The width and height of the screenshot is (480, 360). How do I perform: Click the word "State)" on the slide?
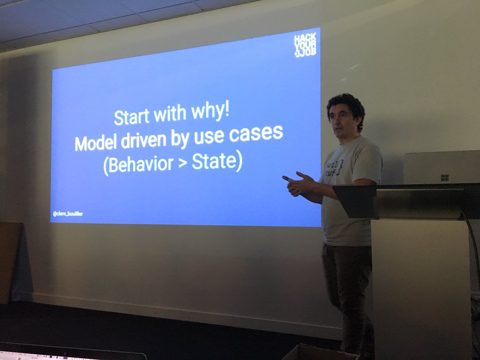[217, 161]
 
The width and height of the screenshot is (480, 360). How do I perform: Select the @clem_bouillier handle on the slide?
[68, 214]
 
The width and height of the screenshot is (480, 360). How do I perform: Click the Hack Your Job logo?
[305, 45]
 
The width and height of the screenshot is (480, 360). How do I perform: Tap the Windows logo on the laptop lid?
[445, 178]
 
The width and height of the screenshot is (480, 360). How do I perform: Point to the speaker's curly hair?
[346, 104]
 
